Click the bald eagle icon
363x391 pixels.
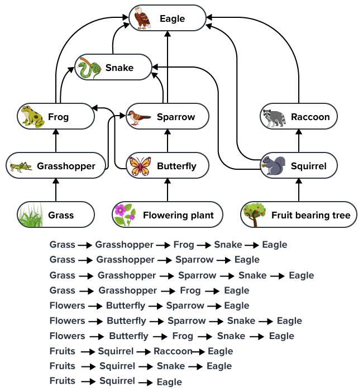143,18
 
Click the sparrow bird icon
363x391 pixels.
138,117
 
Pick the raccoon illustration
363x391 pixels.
274,117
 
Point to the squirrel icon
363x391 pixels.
274,166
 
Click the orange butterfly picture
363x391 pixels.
140,166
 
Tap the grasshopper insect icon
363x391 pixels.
20,166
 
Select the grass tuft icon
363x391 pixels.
30,215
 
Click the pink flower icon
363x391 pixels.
124,215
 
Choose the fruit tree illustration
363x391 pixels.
254,215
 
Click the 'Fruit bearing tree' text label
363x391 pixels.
311,215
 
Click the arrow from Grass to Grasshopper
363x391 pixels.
56,190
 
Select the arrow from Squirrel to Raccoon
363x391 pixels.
299,141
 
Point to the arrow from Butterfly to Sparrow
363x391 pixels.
168,141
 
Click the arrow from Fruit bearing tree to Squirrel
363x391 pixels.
299,190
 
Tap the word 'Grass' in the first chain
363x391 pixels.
62,245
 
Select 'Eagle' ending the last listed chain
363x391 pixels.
169,382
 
